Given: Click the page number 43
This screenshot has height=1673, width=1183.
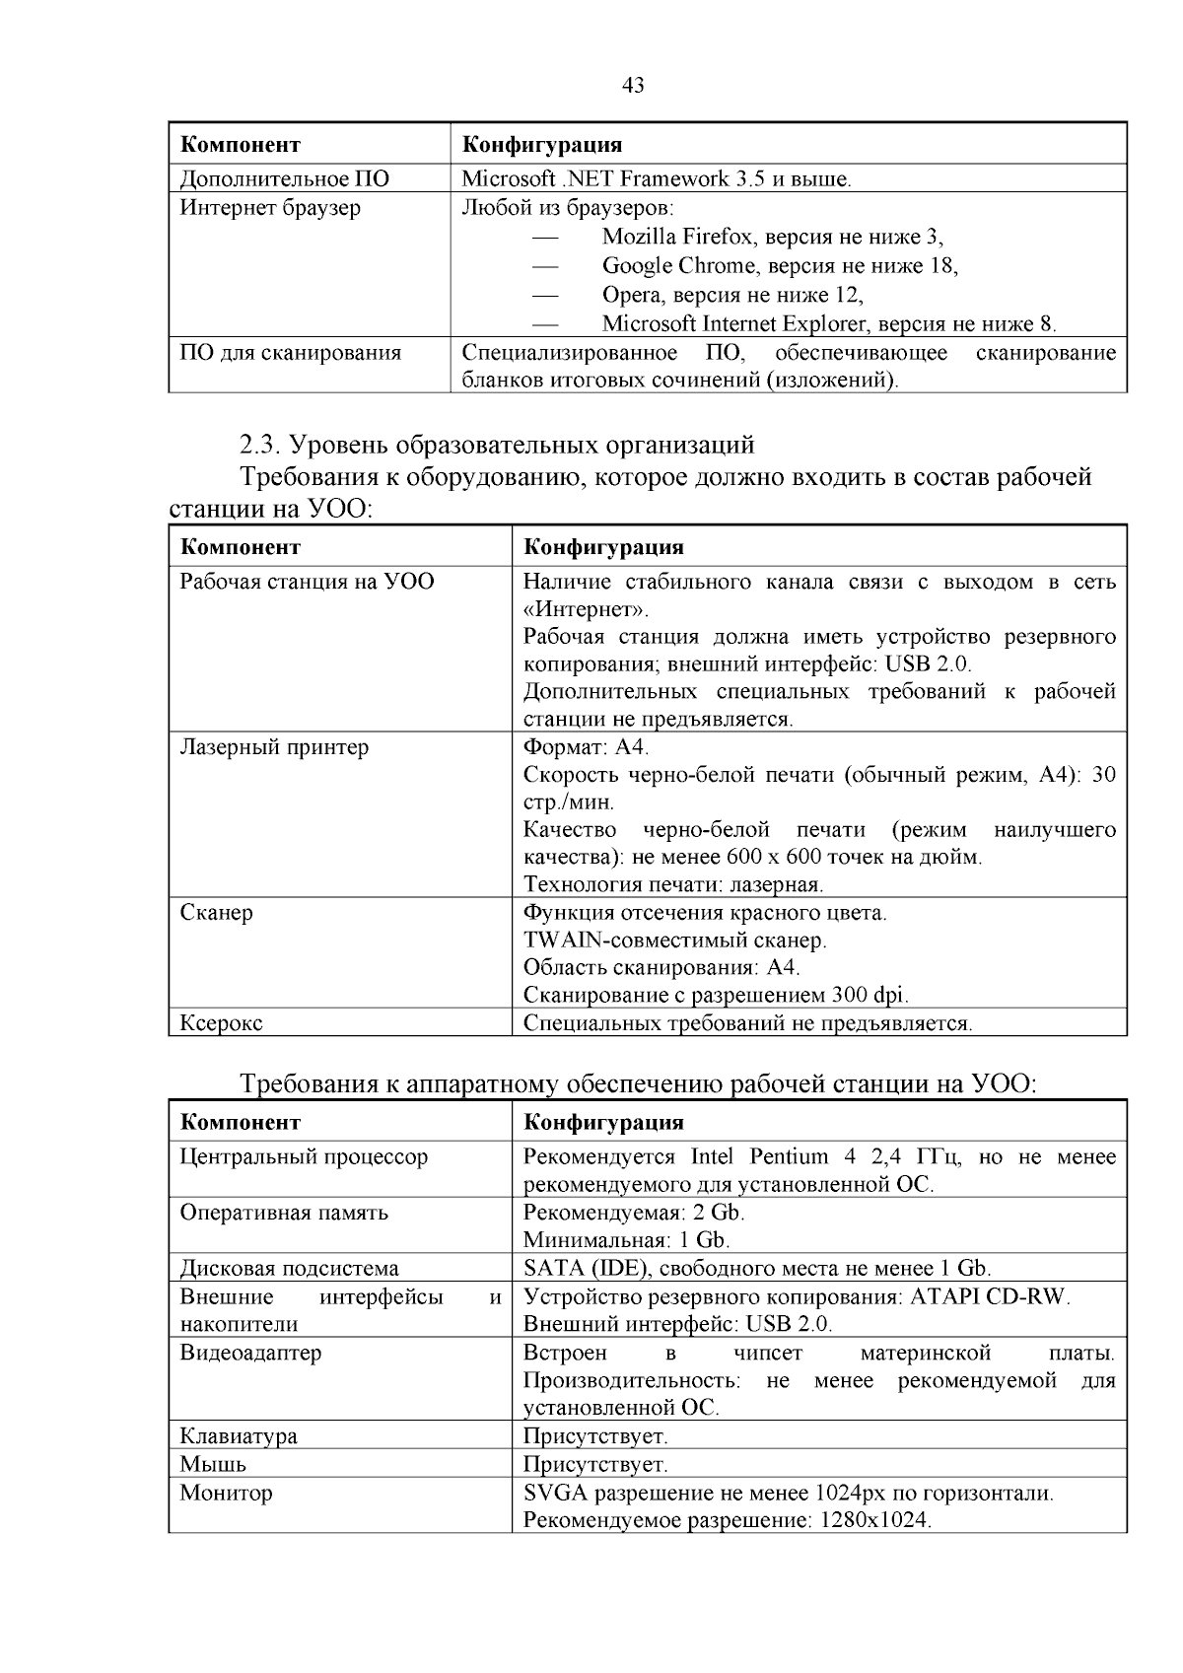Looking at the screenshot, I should point(633,86).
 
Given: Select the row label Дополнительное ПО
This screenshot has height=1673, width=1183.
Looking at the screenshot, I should point(284,179).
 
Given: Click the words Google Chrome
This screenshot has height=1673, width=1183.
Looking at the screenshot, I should point(665,266).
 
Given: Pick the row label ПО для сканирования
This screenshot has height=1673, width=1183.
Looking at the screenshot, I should point(290,353).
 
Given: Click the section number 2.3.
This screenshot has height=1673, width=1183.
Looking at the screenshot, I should point(260,445).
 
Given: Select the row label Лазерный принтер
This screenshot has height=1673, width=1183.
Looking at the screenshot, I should point(274,747).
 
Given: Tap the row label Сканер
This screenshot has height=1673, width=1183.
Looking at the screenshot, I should point(216,913).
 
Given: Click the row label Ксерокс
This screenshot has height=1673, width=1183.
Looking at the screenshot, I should point(221,1023).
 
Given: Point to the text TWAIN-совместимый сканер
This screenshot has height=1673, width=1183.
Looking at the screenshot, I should point(674,941).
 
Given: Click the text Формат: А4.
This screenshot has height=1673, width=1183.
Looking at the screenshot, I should point(586,747).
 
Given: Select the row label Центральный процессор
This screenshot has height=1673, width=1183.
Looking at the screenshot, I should point(304,1157).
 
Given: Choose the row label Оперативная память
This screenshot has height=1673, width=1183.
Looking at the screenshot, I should point(284,1213).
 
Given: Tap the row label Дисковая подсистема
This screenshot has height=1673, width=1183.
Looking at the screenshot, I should point(289,1269).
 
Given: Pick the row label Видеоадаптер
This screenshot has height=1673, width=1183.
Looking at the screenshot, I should point(250,1353).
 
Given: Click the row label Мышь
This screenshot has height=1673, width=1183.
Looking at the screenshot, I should point(213,1465).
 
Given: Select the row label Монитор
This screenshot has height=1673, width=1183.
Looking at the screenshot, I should point(226,1494).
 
